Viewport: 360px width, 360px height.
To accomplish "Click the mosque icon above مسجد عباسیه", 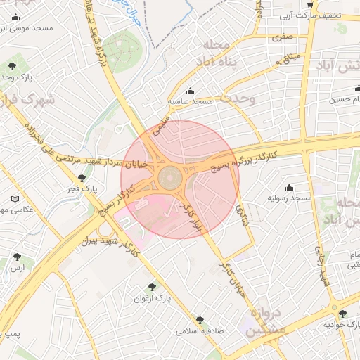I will [x=190, y=91].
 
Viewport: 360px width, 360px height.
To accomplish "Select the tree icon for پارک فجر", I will [x=82, y=179].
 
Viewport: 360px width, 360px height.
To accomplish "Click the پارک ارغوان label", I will [x=153, y=298].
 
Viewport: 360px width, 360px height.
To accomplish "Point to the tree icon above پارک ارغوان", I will [x=153, y=287].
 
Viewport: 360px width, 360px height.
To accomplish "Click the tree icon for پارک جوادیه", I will [x=342, y=314].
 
